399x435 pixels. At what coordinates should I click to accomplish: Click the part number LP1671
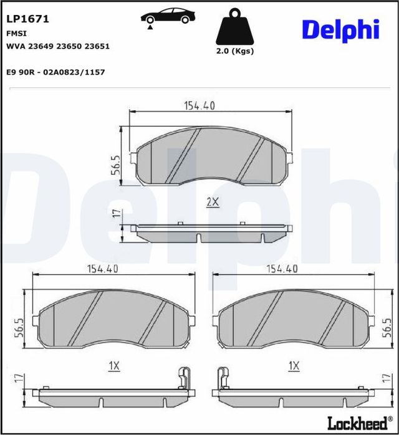pos(27,19)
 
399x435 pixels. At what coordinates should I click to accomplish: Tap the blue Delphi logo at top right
pos(340,29)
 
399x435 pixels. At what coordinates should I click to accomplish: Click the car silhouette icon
pos(165,17)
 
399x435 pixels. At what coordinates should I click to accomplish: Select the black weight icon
pos(234,28)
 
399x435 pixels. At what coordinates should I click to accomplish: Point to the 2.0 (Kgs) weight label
pos(234,52)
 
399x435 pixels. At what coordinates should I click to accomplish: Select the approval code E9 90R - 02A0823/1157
pos(55,72)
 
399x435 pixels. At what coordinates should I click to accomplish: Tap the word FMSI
pos(16,33)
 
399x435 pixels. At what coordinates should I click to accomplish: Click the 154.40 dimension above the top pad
pos(199,106)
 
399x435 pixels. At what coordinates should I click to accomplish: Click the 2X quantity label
pos(213,201)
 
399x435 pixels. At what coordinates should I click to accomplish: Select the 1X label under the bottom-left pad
pos(113,365)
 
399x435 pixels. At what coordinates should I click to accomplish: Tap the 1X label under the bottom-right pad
pos(294,365)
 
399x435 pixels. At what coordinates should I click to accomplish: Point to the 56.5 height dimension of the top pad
pos(115,166)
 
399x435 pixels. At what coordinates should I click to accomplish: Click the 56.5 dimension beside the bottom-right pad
pos(387,327)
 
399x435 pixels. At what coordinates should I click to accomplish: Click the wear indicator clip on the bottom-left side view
pos(183,379)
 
